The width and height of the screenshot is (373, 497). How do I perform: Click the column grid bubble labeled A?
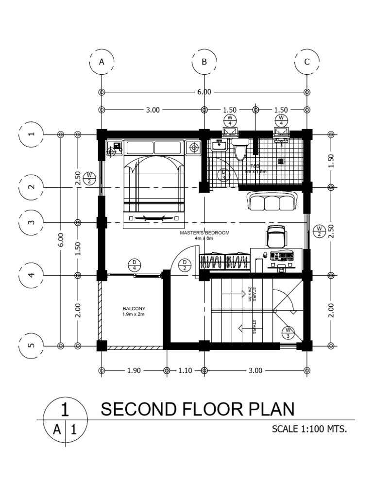coord(102,62)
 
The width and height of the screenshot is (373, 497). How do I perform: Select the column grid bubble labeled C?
coord(307,62)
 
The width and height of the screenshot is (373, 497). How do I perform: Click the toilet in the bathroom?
coord(240,151)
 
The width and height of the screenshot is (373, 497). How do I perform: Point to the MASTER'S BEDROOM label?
coord(204,235)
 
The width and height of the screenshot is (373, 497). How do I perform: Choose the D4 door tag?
coord(135,265)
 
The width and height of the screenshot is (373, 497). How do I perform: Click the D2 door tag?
coord(185,265)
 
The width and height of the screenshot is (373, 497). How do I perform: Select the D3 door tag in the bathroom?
coord(224,175)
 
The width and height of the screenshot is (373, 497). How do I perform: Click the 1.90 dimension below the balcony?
coord(134,370)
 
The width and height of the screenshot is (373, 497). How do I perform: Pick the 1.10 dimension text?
coord(185,370)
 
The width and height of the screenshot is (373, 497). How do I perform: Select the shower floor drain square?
coord(281,161)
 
